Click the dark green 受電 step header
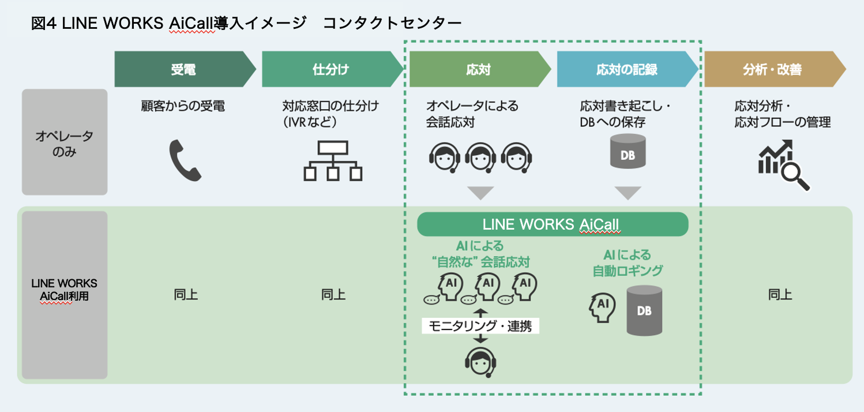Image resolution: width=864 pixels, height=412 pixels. (183, 69)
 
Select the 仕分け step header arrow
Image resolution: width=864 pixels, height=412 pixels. (330, 69)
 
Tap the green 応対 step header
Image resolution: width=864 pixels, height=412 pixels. (478, 69)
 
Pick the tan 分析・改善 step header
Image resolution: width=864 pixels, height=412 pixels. (773, 69)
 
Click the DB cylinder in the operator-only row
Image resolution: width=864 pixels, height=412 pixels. (628, 151)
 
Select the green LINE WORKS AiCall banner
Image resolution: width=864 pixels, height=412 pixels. (553, 224)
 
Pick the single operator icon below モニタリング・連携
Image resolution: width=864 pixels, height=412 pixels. (481, 361)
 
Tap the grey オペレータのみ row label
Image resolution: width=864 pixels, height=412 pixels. (65, 143)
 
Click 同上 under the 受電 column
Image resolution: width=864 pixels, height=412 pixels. (186, 295)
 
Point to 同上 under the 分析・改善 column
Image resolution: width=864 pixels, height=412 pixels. (780, 295)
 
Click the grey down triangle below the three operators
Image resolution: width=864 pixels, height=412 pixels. (480, 193)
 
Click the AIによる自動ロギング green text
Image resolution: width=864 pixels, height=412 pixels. (628, 263)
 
